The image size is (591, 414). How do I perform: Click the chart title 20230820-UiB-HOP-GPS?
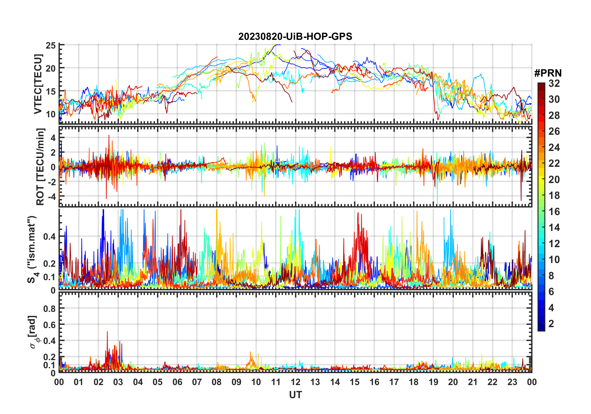point(295,37)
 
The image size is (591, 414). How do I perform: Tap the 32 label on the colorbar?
point(554,83)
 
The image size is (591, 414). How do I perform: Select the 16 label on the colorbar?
point(554,212)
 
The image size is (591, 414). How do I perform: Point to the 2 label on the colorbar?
point(551,324)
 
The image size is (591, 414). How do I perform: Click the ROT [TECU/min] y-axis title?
point(40,167)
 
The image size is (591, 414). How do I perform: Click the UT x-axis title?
point(295,395)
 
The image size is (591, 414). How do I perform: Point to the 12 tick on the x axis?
point(295,382)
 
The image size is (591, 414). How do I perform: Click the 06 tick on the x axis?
point(177,382)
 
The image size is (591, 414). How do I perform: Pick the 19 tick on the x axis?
point(433,382)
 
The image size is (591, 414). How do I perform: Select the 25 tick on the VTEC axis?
point(51,46)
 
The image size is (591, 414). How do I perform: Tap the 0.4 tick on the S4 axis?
point(49,237)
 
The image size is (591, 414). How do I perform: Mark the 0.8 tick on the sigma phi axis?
point(49,308)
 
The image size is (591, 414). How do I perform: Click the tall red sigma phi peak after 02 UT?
point(107,332)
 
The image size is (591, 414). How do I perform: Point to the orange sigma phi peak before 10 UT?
point(251,353)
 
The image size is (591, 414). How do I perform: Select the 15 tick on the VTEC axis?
point(51,92)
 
